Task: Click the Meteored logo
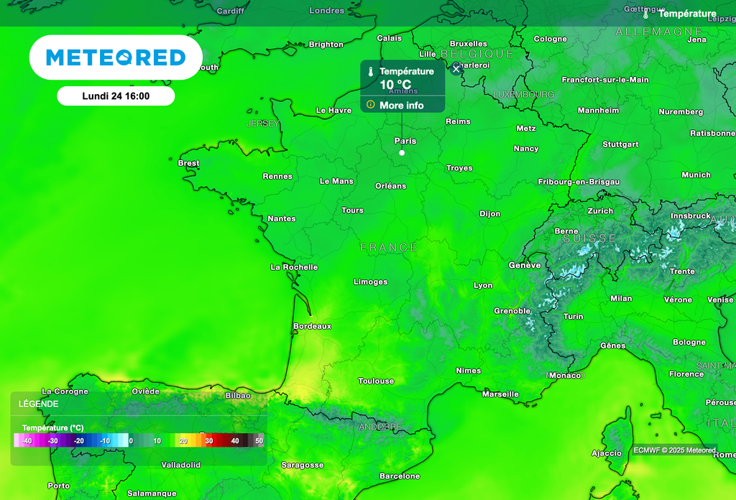coord(116,57)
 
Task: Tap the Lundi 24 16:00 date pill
coord(116,96)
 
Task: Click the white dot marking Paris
coord(402,152)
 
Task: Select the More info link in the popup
coord(401,106)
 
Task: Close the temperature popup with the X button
coord(456,69)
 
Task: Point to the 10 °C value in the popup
coord(395,84)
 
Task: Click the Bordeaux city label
coord(312,326)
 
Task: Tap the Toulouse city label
coord(376,381)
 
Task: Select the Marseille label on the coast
coord(500,394)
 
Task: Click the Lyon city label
coord(483,285)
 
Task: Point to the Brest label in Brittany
coord(188,163)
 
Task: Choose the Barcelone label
coord(400,476)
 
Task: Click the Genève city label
coord(525,265)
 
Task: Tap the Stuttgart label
coord(620,144)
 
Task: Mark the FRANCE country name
coord(389,247)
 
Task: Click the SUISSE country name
coord(589,238)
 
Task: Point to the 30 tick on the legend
coord(209,440)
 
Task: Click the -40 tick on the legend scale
coord(27,440)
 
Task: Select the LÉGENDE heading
coord(39,404)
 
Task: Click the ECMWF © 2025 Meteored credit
coord(674,450)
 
